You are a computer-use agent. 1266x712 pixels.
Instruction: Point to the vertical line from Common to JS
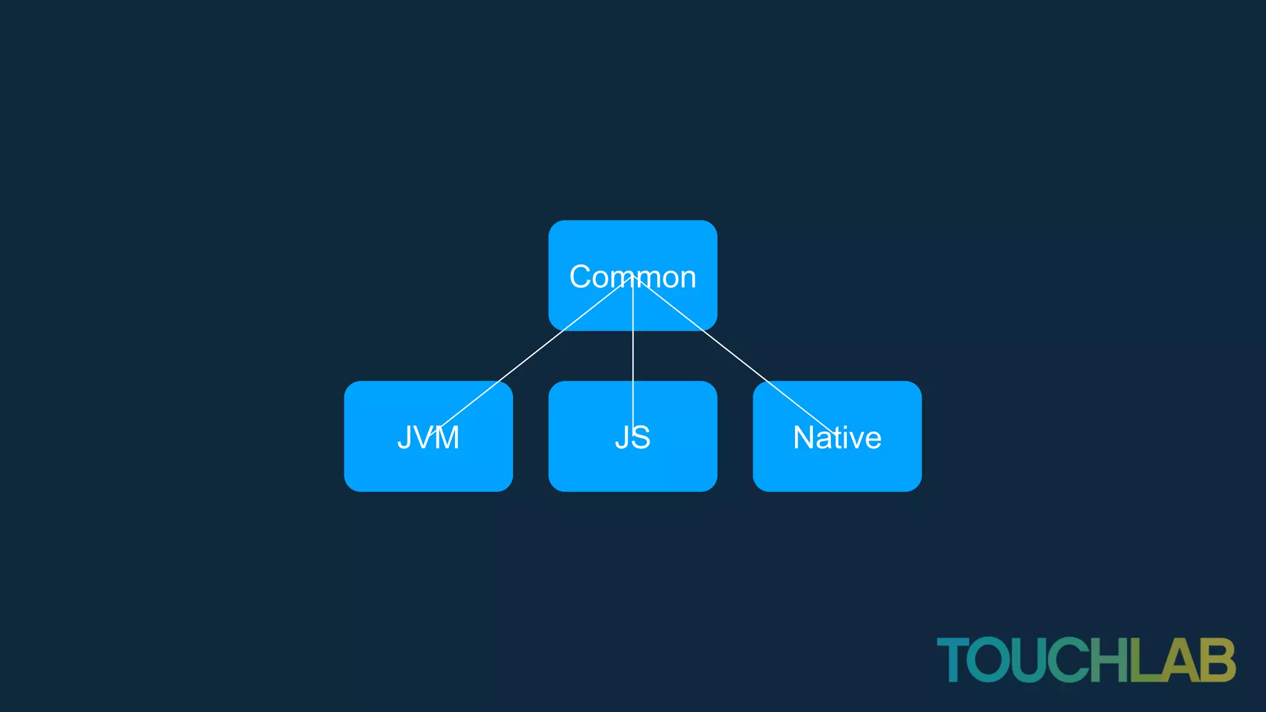[633, 358]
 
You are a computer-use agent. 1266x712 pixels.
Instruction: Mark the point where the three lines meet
[633, 276]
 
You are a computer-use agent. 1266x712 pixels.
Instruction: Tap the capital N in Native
[804, 438]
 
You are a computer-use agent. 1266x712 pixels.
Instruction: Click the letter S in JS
[640, 438]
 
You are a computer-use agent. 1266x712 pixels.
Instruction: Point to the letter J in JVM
[405, 438]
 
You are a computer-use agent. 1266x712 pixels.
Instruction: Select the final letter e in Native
[871, 440]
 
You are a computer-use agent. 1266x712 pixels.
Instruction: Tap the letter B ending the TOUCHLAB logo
[1218, 660]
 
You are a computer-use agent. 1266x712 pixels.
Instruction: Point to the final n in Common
[687, 279]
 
